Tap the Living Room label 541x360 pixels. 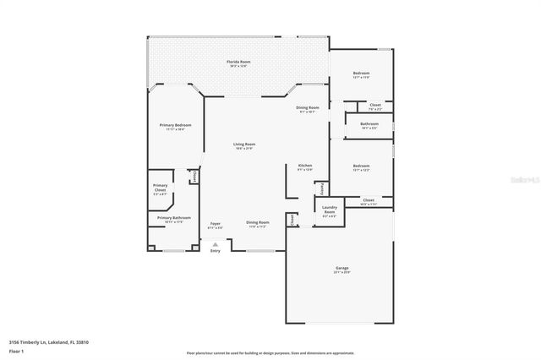(243, 145)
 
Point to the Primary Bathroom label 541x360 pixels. (169, 218)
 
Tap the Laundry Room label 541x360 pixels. (330, 209)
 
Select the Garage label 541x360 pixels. (341, 269)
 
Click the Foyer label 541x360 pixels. (216, 224)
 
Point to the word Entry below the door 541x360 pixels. (216, 250)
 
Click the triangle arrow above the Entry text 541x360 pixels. (216, 243)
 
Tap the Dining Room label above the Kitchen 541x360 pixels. (307, 107)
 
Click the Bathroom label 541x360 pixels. (369, 124)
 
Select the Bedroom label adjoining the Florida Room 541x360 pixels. (361, 74)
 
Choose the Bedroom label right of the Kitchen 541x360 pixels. (361, 166)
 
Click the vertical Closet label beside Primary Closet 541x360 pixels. (195, 177)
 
